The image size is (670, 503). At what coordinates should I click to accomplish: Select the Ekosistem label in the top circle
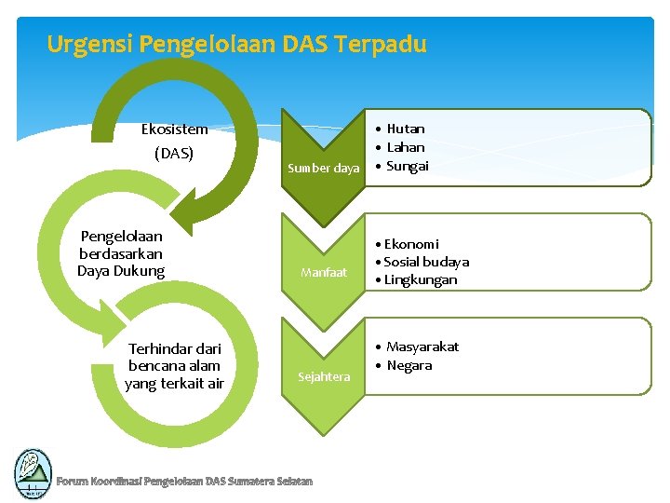[174, 129]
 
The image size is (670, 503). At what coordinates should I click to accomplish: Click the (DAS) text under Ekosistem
[174, 153]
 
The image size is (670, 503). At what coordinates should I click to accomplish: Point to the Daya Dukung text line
[121, 271]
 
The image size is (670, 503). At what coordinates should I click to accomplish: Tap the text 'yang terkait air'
[174, 383]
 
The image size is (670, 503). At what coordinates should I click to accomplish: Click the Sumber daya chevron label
[324, 169]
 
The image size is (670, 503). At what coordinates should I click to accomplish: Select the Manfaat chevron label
[324, 273]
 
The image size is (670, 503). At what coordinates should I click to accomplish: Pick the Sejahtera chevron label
[324, 376]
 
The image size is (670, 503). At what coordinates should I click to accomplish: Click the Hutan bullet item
[406, 129]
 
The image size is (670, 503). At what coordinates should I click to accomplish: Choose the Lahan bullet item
[406, 147]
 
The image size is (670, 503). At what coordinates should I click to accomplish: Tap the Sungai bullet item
[408, 166]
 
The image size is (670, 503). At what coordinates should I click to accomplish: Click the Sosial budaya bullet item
[426, 262]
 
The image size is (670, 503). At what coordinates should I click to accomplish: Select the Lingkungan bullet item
[421, 279]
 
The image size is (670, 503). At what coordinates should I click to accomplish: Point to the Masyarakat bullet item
[422, 347]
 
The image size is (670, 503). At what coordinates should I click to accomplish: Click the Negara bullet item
[409, 365]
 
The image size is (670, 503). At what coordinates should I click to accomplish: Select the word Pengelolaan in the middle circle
[121, 237]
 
